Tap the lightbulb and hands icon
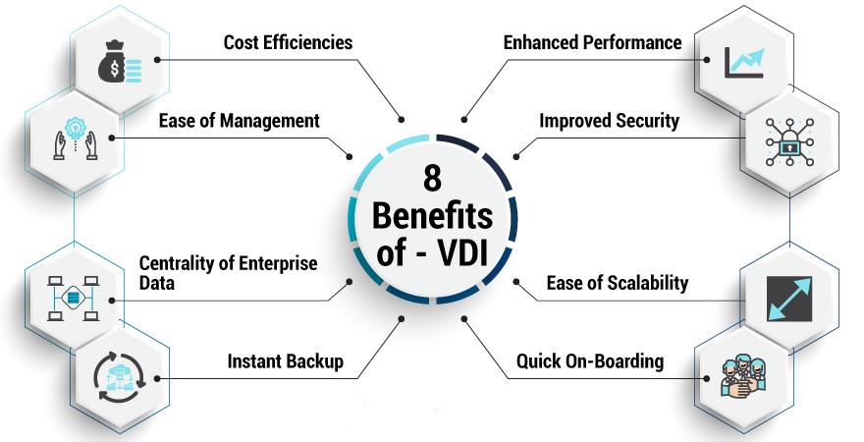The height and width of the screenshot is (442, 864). (x=74, y=140)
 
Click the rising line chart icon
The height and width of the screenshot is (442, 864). (x=744, y=61)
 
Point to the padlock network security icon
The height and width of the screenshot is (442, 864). (x=789, y=140)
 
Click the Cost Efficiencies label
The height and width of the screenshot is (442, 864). (x=288, y=42)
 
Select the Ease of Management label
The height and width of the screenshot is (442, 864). (x=239, y=121)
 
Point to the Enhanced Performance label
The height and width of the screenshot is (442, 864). (x=592, y=42)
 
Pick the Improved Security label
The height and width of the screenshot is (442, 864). (x=609, y=121)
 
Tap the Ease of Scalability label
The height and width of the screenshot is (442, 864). (x=617, y=283)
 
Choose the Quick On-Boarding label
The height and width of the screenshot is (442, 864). (x=590, y=361)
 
